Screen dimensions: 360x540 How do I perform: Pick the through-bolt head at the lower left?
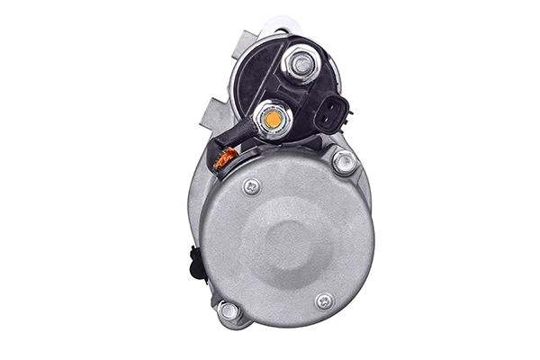coord(229,310)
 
